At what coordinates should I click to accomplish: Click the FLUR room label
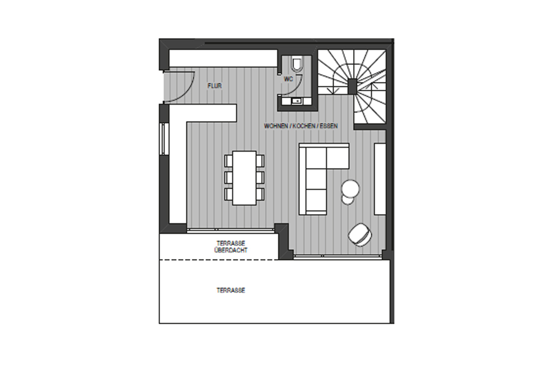click(x=215, y=86)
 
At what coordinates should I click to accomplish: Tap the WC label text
click(x=288, y=79)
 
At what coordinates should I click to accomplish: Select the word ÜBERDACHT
click(x=231, y=250)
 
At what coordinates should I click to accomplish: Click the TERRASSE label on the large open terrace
click(x=231, y=290)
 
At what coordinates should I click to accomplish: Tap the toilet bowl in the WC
click(x=297, y=64)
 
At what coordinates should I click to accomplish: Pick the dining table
click(x=244, y=178)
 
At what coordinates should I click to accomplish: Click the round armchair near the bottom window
click(x=360, y=234)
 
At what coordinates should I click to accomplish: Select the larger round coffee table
click(x=350, y=189)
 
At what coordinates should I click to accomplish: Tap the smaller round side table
click(x=348, y=200)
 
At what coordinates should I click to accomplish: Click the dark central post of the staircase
click(x=352, y=86)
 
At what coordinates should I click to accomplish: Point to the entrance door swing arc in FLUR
click(x=188, y=92)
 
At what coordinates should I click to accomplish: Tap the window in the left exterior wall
click(x=163, y=139)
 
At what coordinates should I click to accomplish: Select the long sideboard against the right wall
click(x=380, y=179)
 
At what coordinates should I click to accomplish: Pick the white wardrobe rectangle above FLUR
click(x=223, y=58)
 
